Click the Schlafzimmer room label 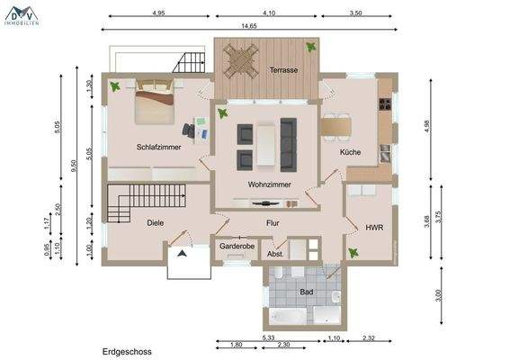(160, 147)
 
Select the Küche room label (350, 152)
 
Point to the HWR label (374, 228)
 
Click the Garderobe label (237, 246)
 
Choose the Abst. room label (276, 255)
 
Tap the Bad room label (306, 292)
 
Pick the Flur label (273, 222)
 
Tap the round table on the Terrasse (241, 62)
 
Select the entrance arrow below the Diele (183, 254)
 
